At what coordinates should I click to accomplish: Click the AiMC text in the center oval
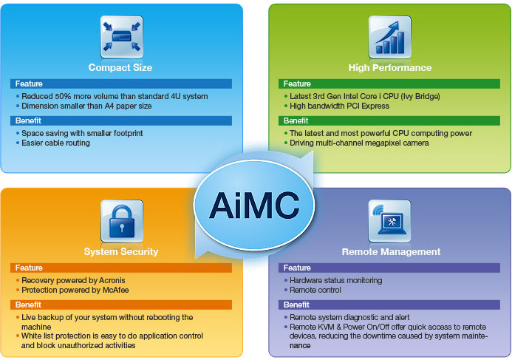click(254, 206)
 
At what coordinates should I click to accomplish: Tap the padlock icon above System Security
click(122, 221)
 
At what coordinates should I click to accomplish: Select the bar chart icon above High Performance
click(390, 37)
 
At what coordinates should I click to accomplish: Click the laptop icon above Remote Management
click(390, 221)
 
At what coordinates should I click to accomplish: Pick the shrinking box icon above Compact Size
click(122, 37)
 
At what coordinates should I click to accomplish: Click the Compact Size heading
click(120, 67)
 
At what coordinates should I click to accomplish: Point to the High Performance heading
click(390, 67)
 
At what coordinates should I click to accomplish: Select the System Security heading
click(121, 251)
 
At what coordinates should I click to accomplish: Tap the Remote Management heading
click(391, 251)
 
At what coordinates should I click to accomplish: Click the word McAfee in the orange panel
click(115, 290)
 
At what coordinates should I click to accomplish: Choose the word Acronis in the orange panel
click(112, 280)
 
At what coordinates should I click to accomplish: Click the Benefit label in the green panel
click(296, 121)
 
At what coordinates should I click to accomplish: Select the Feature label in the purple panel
click(297, 268)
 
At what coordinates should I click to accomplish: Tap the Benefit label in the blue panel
click(28, 121)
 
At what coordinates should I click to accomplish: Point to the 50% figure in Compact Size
click(63, 96)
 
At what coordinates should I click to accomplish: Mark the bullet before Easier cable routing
click(18, 143)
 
